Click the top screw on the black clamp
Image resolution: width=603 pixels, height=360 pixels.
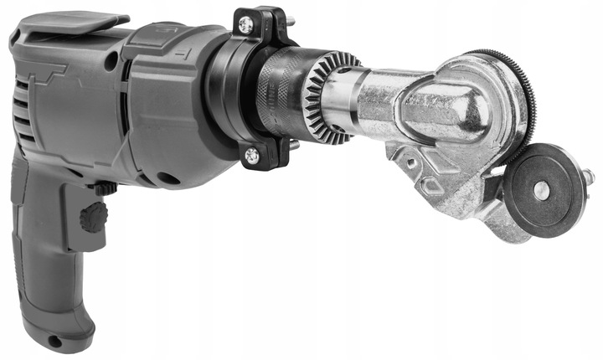click(x=245, y=24)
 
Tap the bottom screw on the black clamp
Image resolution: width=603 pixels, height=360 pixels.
click(x=250, y=154)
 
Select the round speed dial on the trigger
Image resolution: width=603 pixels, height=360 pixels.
click(x=93, y=219)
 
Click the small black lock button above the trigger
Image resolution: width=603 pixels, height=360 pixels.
click(x=105, y=189)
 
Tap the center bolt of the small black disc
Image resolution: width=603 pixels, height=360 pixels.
click(x=542, y=190)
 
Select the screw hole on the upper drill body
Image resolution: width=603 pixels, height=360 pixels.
click(x=110, y=61)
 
